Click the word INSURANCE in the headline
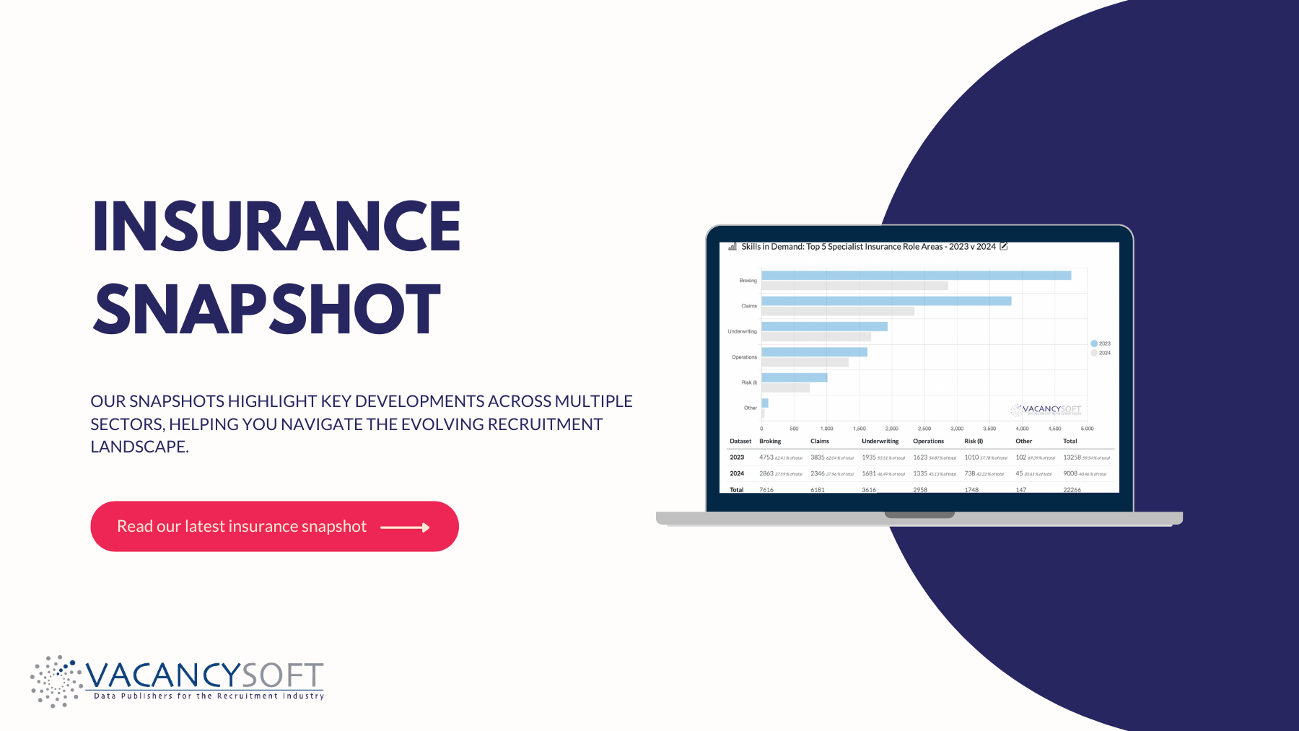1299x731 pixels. pyautogui.click(x=276, y=227)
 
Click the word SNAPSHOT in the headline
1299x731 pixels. pyautogui.click(x=267, y=310)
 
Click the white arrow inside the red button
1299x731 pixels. pyautogui.click(x=405, y=528)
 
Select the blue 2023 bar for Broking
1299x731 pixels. pyautogui.click(x=916, y=275)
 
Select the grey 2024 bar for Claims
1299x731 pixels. pyautogui.click(x=837, y=312)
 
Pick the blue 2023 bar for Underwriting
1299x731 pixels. pyautogui.click(x=824, y=327)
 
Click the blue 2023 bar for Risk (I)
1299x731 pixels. pyautogui.click(x=794, y=377)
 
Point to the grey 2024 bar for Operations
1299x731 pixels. pyautogui.click(x=805, y=362)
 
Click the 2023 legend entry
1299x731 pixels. pyautogui.click(x=1101, y=343)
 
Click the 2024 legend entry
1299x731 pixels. pyautogui.click(x=1101, y=353)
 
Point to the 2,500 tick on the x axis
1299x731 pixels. pyautogui.click(x=924, y=429)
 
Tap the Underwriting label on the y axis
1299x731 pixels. pyautogui.click(x=742, y=332)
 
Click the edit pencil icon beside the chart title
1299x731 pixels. pyautogui.click(x=1003, y=247)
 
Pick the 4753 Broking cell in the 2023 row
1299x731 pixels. pyautogui.click(x=766, y=458)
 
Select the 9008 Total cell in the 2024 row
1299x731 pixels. pyautogui.click(x=1070, y=474)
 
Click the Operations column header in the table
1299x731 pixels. pyautogui.click(x=928, y=441)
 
